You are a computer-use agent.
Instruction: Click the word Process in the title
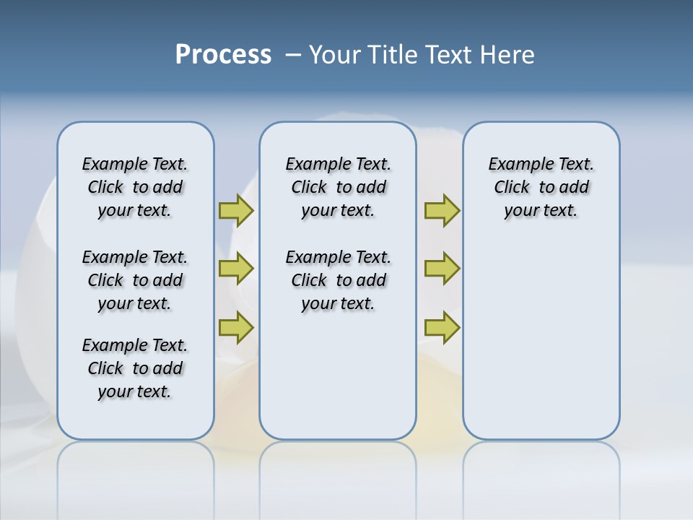click(223, 54)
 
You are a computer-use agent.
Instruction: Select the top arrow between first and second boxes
click(236, 210)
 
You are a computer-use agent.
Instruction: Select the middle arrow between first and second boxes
click(236, 269)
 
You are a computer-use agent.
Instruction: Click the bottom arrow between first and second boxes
click(236, 326)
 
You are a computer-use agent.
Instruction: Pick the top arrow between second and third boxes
click(442, 210)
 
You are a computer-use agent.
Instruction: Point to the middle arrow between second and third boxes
click(442, 269)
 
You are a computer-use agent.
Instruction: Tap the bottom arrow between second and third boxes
click(442, 326)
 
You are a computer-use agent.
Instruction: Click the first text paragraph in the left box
click(135, 187)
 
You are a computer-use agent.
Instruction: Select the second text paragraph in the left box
click(135, 280)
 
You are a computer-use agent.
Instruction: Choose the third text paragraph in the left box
click(135, 368)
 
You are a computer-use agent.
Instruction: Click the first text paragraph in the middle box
click(338, 187)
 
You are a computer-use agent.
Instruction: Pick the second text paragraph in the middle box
click(338, 280)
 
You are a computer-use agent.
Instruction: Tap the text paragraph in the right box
click(541, 187)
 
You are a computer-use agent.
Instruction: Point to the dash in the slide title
click(293, 55)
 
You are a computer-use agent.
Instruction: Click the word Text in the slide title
click(448, 54)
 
